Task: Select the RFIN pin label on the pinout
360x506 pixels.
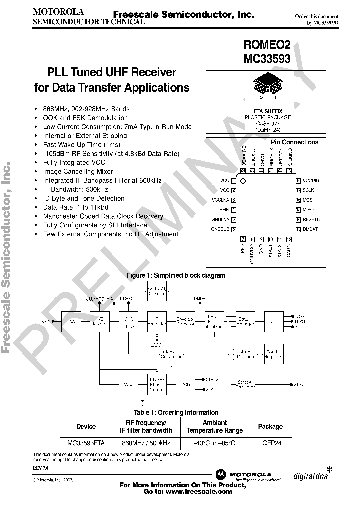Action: [x=223, y=210]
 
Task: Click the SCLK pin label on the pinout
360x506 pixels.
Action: [x=308, y=190]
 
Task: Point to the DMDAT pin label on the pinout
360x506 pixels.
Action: [x=310, y=229]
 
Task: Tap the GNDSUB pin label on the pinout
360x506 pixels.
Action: [x=220, y=229]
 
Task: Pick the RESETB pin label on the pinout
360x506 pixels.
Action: [x=311, y=219]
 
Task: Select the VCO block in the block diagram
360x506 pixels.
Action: [x=128, y=384]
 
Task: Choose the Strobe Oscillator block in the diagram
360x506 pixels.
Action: [x=244, y=384]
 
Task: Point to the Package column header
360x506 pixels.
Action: [x=270, y=426]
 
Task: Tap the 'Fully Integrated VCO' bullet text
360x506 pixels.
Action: [x=74, y=163]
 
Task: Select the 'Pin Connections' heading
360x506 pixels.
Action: [x=294, y=142]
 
